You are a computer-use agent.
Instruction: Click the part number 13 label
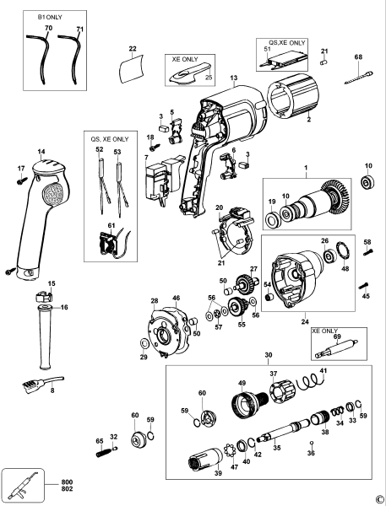coord(233,78)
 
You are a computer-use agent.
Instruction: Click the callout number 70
coord(48,29)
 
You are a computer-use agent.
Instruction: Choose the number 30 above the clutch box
coord(269,355)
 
